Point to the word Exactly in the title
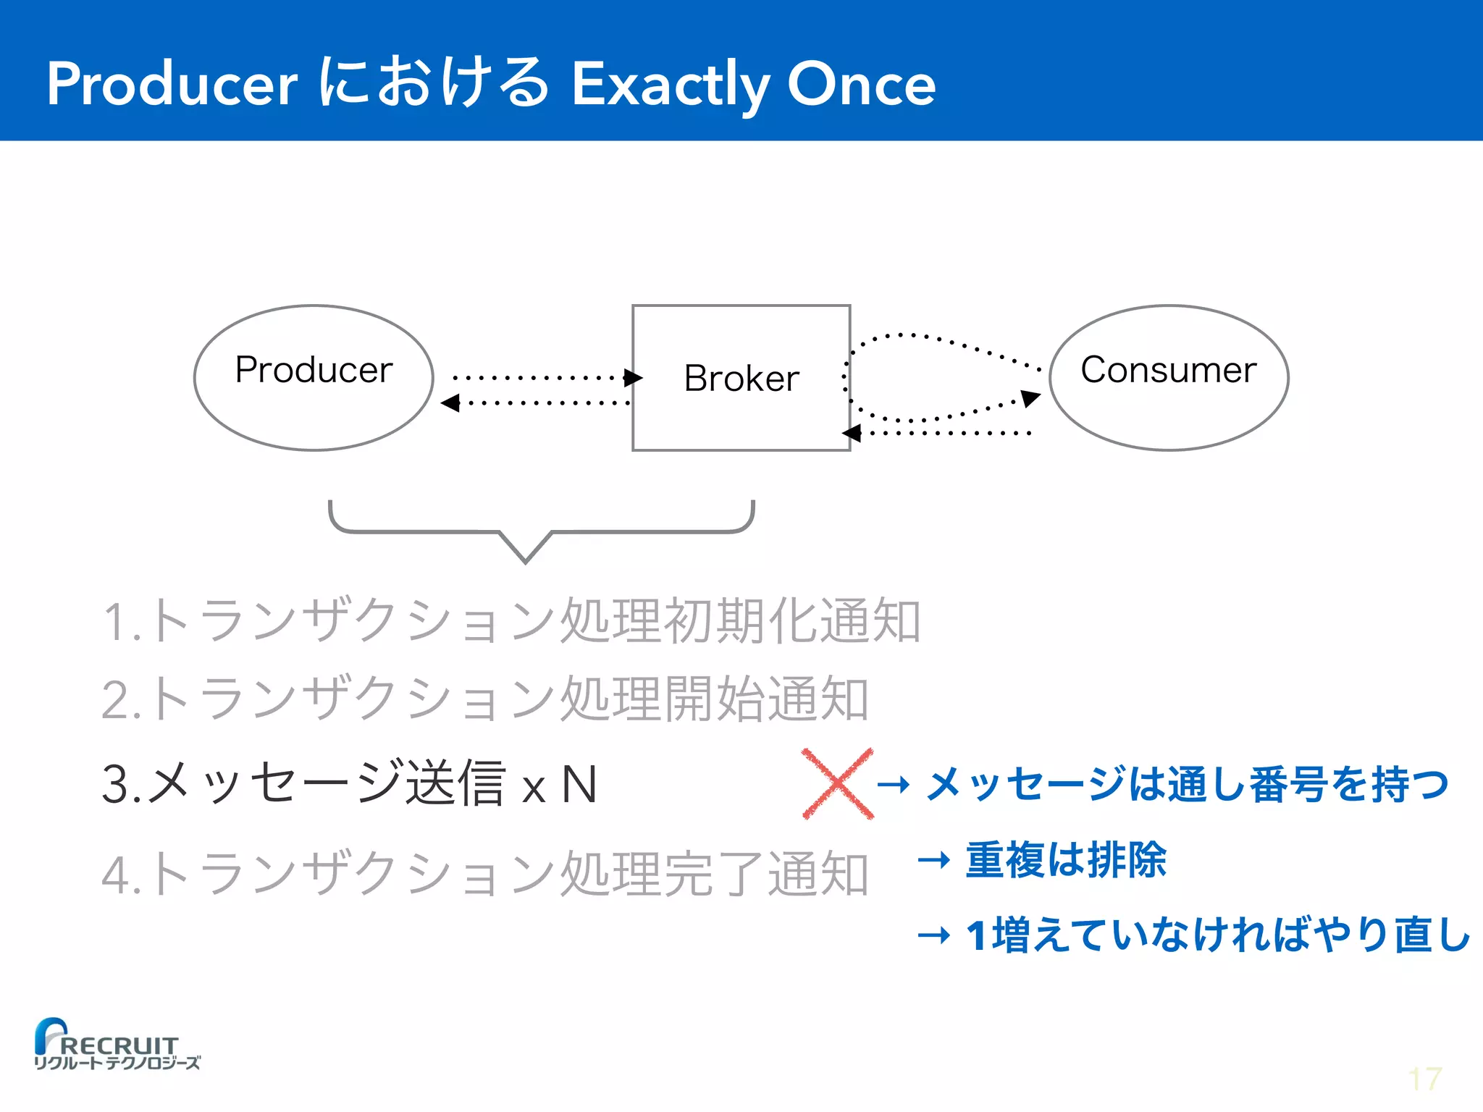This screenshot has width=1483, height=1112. pos(671,85)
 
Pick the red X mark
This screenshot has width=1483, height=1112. pos(838,784)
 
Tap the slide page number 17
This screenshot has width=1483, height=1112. pos(1424,1079)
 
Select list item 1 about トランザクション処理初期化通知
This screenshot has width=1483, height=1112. pos(511,620)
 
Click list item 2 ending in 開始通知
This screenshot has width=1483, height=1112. pos(485,699)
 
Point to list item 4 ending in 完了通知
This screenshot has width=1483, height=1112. pos(485,874)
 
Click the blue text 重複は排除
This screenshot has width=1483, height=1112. pos(1065,860)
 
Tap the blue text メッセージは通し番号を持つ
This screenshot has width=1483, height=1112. pos(1188,784)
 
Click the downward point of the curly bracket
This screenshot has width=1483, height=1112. pos(526,558)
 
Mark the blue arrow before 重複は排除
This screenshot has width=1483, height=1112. pos(933,860)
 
